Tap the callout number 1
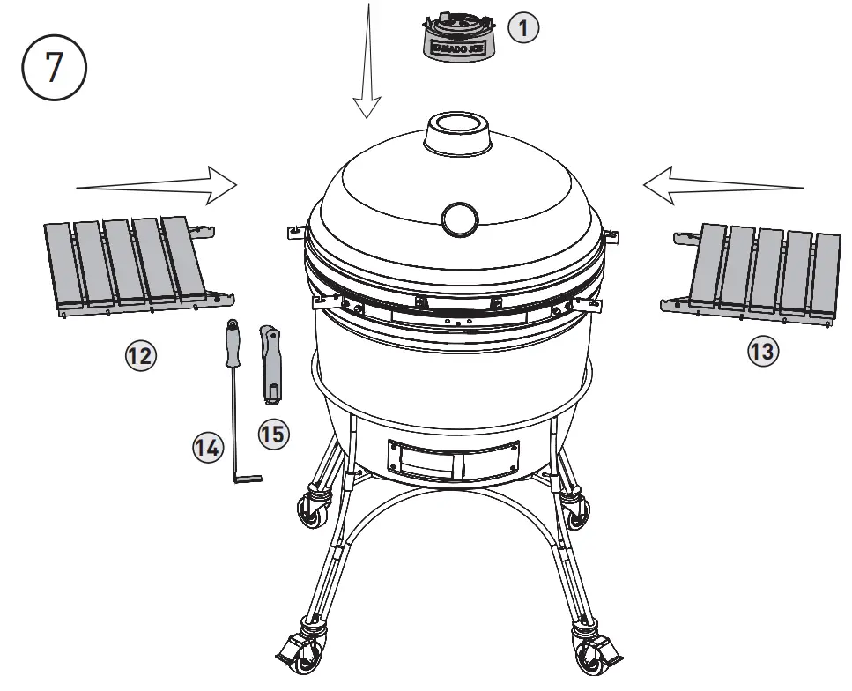[x=523, y=28]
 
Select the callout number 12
[x=139, y=356]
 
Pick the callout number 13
[x=763, y=352]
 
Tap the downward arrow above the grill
[x=367, y=62]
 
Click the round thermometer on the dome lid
[x=459, y=219]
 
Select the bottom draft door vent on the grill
[x=450, y=459]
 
